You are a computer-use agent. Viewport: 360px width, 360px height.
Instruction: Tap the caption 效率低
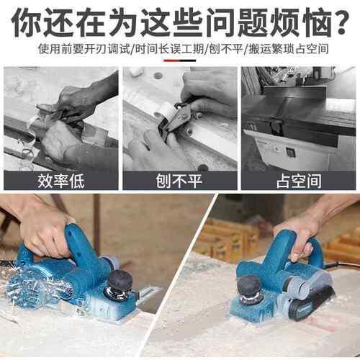(61, 181)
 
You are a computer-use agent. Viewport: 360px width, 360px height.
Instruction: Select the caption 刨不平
(179, 181)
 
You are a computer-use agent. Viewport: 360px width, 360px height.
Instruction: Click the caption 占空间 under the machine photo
(299, 181)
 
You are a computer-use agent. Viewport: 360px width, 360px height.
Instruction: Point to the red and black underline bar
(180, 60)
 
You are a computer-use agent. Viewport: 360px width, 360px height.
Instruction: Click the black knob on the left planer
(120, 282)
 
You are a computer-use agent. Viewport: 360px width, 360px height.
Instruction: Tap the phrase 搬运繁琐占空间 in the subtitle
(289, 49)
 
